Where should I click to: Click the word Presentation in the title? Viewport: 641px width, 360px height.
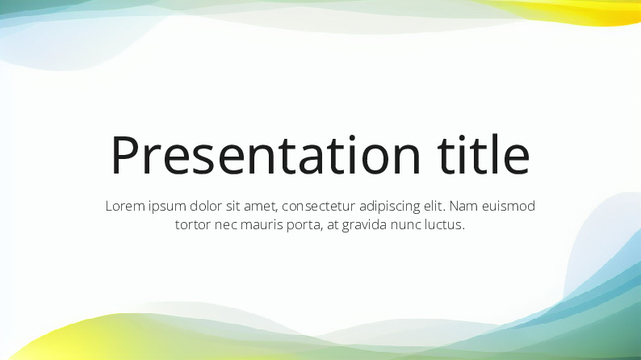[x=266, y=154]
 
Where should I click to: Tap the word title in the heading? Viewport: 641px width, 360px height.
[x=484, y=153]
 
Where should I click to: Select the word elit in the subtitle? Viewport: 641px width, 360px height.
[x=435, y=206]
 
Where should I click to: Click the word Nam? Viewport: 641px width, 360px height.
[x=464, y=206]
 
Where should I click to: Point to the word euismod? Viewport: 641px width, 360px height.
[x=509, y=206]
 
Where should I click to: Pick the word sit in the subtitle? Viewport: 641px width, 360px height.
[x=233, y=206]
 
